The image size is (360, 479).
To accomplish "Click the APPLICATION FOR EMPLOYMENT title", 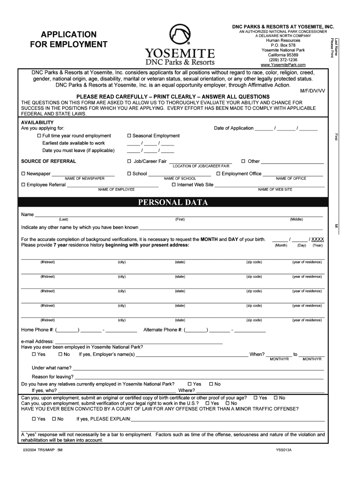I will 69,39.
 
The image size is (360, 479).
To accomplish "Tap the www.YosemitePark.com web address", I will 283,65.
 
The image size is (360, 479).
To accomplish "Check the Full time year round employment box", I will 39,136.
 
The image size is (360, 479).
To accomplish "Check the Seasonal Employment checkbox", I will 129,136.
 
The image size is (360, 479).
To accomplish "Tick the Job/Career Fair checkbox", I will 129,161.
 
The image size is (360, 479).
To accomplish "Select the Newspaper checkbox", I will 23,174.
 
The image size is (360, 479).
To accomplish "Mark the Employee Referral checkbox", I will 23,185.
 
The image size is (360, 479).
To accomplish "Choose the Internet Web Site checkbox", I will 173,185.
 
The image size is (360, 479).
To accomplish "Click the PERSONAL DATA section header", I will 173,203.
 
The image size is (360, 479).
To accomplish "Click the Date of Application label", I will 233,128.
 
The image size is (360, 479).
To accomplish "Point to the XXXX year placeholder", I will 317,239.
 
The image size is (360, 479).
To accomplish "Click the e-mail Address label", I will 37,341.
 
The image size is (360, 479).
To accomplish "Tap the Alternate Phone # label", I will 163,330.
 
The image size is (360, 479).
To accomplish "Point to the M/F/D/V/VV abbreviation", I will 313,91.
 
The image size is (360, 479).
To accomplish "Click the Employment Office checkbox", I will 218,174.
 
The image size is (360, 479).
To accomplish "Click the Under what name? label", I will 51,368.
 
